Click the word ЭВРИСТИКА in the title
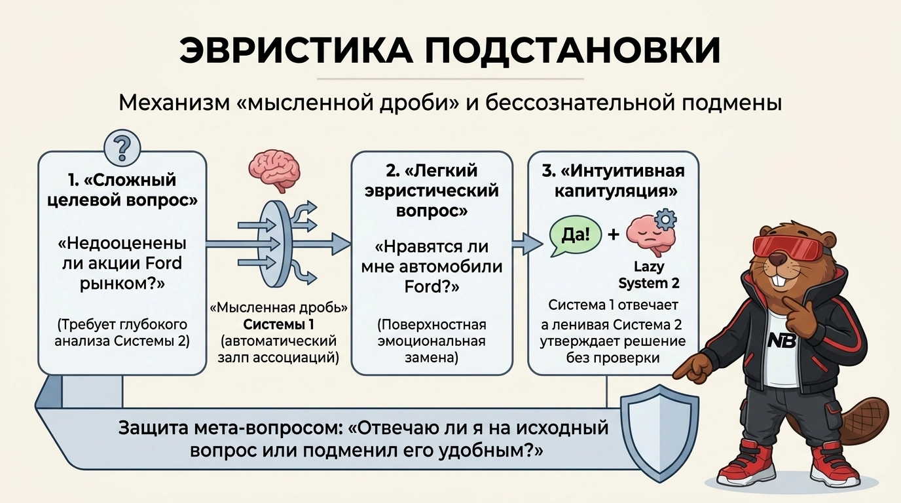point(296,50)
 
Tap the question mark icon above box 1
point(122,147)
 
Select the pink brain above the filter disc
point(274,174)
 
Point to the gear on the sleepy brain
point(666,219)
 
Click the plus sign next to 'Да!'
point(614,234)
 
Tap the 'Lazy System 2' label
point(648,275)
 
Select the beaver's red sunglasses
point(787,249)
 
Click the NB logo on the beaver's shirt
point(782,341)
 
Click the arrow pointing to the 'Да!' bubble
point(527,244)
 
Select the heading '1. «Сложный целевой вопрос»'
point(122,190)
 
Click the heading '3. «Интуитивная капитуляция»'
point(613,181)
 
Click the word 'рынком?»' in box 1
point(122,284)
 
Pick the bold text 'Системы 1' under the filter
point(278,324)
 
